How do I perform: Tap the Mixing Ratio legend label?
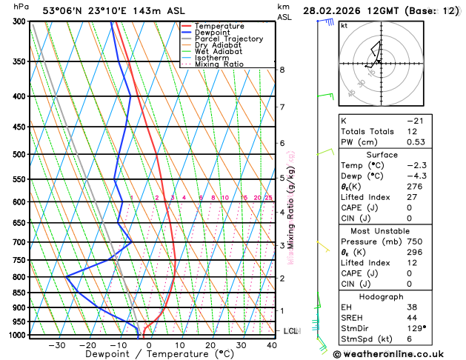(x=219, y=64)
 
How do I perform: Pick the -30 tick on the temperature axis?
(x=57, y=345)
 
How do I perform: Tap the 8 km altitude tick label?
(x=282, y=70)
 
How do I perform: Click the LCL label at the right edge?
(x=290, y=330)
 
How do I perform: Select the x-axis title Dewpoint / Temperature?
(x=150, y=354)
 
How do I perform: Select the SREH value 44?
(x=413, y=316)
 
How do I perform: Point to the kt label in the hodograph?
(x=344, y=25)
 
